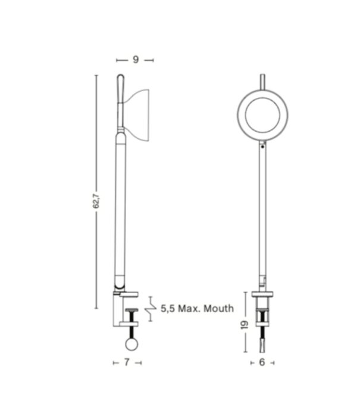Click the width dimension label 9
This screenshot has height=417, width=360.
click(136, 60)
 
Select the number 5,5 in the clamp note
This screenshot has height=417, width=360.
click(169, 309)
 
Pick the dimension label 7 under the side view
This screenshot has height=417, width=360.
click(126, 362)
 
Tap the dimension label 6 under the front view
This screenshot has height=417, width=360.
click(262, 362)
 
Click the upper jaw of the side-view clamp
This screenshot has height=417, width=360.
click(128, 294)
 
